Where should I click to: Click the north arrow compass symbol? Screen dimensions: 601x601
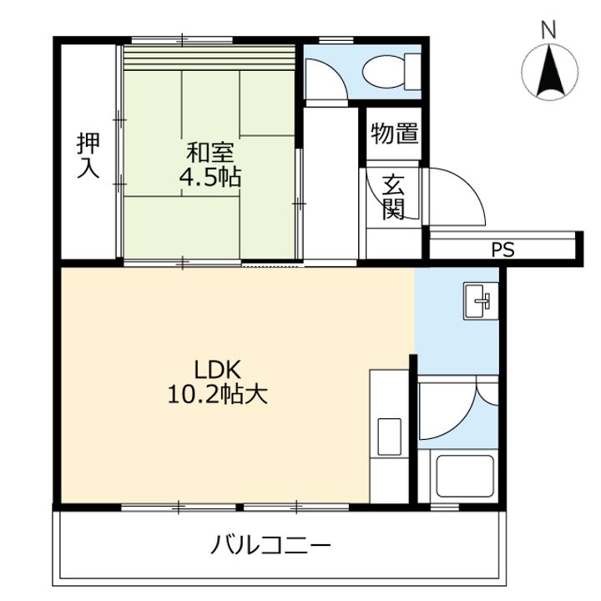coord(548,72)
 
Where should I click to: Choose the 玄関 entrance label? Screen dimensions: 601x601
coord(393,197)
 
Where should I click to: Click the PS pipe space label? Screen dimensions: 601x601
coord(503,250)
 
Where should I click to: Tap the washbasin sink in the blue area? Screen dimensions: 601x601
coord(479,301)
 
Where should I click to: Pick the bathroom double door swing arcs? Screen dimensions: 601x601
coord(458,409)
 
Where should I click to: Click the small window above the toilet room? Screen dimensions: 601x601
coord(334,39)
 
